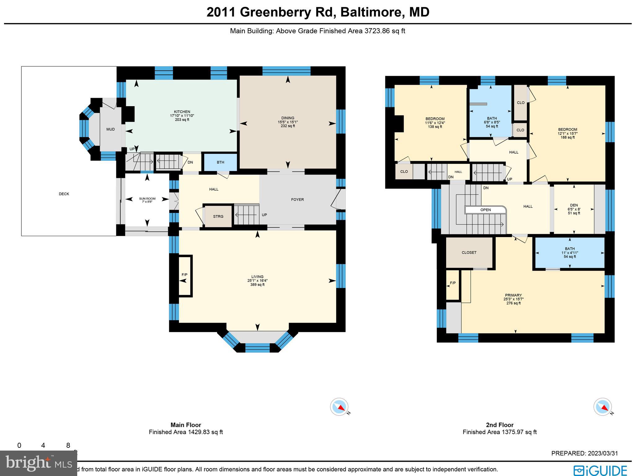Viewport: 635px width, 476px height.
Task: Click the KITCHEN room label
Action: pyautogui.click(x=182, y=112)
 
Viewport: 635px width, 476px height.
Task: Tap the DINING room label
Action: pyautogui.click(x=288, y=118)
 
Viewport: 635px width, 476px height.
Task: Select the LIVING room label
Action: pyautogui.click(x=257, y=277)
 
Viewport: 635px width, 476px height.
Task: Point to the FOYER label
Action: pyautogui.click(x=297, y=200)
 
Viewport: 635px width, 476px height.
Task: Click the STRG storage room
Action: pyautogui.click(x=218, y=217)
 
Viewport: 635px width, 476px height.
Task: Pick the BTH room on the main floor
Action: pyautogui.click(x=220, y=162)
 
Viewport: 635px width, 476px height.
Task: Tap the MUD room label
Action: pyautogui.click(x=110, y=129)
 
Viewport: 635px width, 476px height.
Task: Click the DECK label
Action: pyautogui.click(x=64, y=194)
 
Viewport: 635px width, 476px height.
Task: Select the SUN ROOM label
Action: pyautogui.click(x=147, y=199)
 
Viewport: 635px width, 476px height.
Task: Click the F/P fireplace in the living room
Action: pyautogui.click(x=184, y=275)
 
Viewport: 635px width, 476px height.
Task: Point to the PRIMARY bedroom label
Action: pyautogui.click(x=513, y=295)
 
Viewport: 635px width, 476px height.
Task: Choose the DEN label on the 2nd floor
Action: pyautogui.click(x=574, y=205)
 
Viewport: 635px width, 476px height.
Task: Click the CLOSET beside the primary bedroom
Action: pyautogui.click(x=469, y=253)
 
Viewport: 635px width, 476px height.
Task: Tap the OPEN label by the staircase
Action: pyautogui.click(x=486, y=210)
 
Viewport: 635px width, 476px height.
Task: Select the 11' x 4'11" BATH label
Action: pyautogui.click(x=570, y=249)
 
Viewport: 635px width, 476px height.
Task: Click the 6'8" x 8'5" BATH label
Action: pyautogui.click(x=492, y=119)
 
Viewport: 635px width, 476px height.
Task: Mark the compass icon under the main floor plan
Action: pyautogui.click(x=339, y=406)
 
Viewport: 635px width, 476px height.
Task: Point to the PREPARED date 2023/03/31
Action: pyautogui.click(x=584, y=453)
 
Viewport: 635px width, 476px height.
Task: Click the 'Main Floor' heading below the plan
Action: pyautogui.click(x=186, y=425)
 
